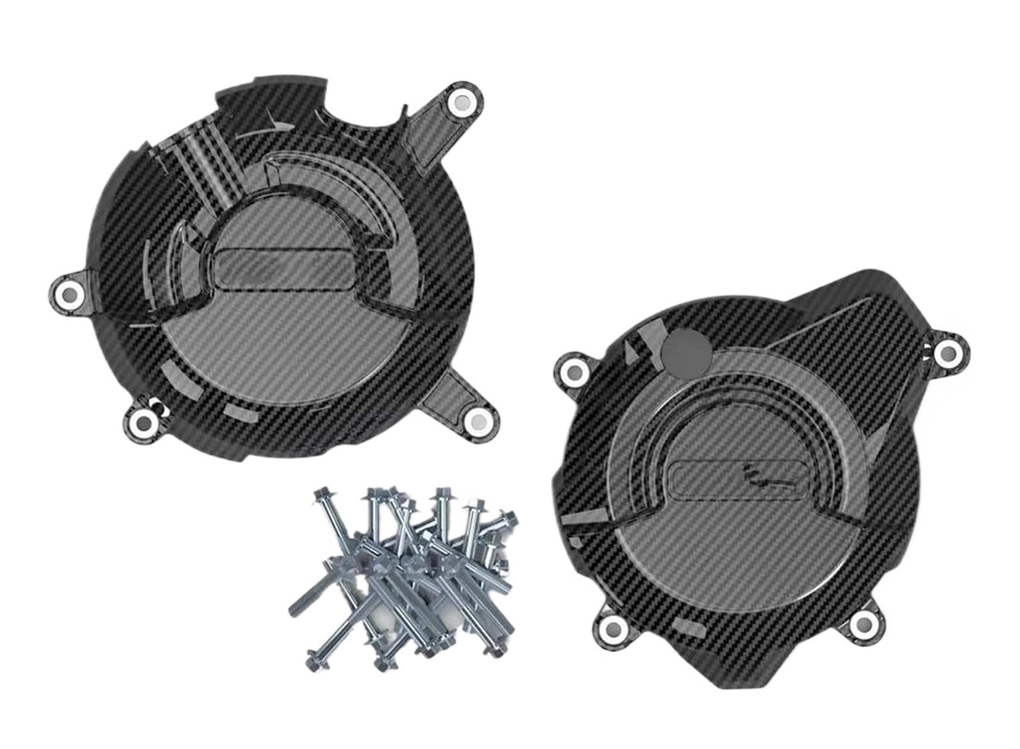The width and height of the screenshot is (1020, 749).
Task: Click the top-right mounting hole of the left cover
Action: (461, 102)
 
